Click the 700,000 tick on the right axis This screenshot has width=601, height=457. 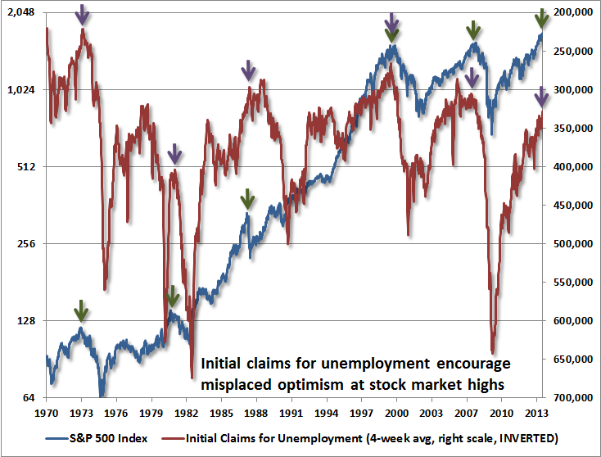[571, 398]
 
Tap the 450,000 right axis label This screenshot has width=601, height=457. [571, 206]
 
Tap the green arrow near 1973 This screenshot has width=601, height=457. [80, 310]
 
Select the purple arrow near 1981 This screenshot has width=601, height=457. [174, 153]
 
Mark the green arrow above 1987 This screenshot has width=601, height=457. [247, 198]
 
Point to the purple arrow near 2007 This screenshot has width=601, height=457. [472, 79]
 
